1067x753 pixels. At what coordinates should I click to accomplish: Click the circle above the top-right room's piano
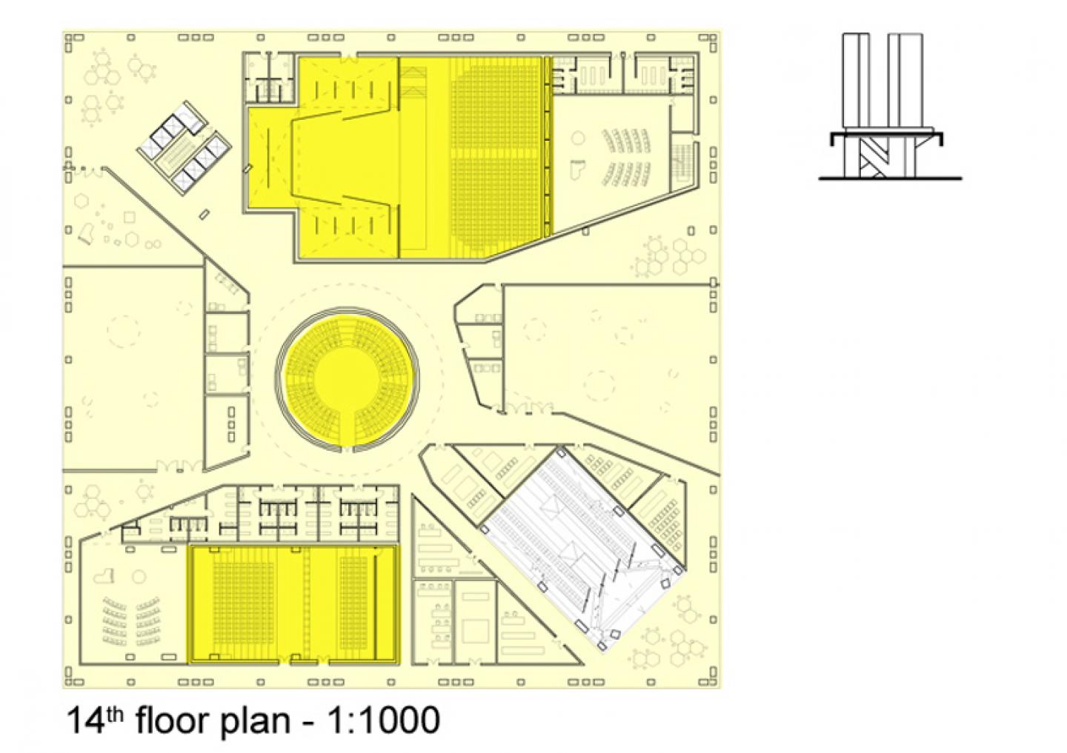tap(577, 139)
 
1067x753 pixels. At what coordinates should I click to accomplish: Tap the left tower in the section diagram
tap(856, 81)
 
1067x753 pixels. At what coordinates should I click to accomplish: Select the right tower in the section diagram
tap(905, 81)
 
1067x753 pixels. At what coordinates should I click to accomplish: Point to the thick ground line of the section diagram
tap(890, 178)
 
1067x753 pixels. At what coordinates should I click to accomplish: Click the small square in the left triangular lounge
tap(129, 218)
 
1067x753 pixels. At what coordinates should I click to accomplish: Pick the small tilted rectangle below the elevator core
tap(205, 214)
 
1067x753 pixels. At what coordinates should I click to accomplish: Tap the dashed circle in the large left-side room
tap(124, 330)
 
